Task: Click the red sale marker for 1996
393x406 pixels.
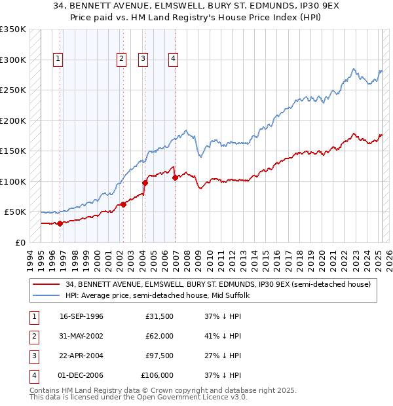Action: coord(60,223)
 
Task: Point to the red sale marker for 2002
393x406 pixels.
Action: coord(122,205)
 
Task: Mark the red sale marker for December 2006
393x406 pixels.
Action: coord(174,177)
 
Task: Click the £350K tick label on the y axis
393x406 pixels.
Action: coord(13,29)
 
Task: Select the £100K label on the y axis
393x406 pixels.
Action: coord(13,181)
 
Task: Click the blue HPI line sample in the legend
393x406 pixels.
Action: coord(47,295)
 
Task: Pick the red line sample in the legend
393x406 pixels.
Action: coord(47,284)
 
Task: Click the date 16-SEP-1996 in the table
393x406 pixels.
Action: coord(81,317)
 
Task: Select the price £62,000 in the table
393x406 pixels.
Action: coord(159,337)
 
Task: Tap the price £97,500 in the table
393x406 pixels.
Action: coord(159,356)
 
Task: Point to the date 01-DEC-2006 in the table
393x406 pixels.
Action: coord(81,376)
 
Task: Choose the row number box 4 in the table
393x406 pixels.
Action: coord(33,376)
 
